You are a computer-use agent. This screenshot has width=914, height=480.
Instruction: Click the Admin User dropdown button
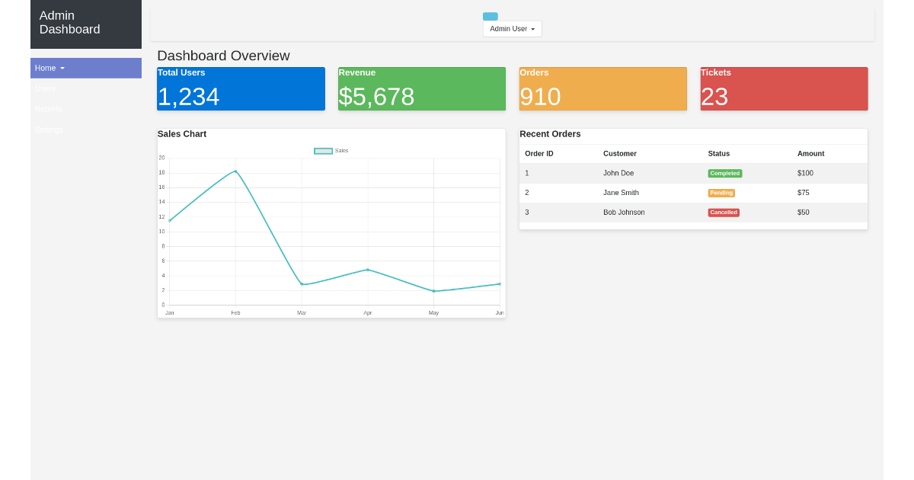coord(512,29)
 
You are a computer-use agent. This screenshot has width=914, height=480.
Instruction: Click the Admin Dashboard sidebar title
coord(69,23)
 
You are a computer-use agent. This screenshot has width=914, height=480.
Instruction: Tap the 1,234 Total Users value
coord(189,97)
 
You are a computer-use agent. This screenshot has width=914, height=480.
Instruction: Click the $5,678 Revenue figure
coord(376,97)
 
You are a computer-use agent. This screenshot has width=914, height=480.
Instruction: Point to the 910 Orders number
coord(540,97)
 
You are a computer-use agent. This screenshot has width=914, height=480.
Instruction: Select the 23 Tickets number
coord(714,97)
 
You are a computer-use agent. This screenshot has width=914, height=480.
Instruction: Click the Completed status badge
coord(724,174)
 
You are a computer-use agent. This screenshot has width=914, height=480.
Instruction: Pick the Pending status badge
coord(721,193)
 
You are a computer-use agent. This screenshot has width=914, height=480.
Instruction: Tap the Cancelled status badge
coord(724,213)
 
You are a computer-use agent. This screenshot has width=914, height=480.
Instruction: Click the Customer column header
coord(619,154)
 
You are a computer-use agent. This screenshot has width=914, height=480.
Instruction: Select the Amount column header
coord(810,154)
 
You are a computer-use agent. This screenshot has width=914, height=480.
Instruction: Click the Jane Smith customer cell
coord(621,193)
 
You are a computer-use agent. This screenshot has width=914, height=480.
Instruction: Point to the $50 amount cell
coord(804,213)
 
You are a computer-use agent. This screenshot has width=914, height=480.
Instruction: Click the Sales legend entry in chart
coord(331,151)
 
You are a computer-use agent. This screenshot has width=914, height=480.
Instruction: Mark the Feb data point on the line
coord(235,171)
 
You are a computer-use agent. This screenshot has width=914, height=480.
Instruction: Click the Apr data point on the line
coord(368,270)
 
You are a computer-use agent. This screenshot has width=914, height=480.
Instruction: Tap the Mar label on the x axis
coord(302,313)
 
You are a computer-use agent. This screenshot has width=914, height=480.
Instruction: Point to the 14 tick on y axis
coord(161,202)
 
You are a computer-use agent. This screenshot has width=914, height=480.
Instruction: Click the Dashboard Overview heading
coord(223,56)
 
